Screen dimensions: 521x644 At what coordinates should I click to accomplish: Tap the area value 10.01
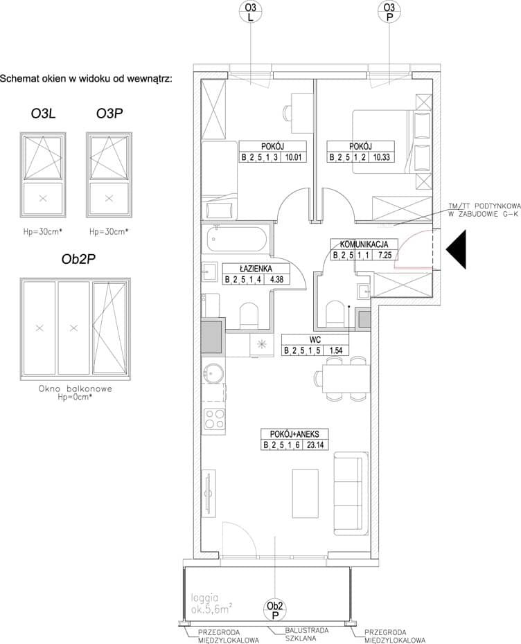coord(293,157)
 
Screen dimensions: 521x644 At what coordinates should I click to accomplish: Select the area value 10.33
coord(381,157)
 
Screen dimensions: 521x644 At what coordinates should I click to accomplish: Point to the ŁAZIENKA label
coord(256,269)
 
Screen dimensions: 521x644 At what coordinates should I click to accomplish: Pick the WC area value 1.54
coord(336,351)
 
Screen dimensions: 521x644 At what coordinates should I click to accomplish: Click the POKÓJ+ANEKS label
coord(294,434)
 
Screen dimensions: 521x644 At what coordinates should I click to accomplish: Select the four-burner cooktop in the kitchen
coord(215,420)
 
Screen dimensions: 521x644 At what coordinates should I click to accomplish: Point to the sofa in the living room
coord(351,493)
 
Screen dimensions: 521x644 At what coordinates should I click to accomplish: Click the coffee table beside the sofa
coord(306,494)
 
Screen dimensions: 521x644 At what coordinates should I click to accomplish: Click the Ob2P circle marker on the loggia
coord(275,609)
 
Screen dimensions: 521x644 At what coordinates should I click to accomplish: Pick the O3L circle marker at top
coord(250,12)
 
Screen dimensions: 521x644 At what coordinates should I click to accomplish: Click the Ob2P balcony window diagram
coord(76,329)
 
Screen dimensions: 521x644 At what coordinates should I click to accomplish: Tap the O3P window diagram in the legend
coord(109,175)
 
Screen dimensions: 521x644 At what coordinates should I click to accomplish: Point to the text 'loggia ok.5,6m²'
coord(211,604)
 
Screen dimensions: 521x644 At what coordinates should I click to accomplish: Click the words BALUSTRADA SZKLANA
coord(307,634)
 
